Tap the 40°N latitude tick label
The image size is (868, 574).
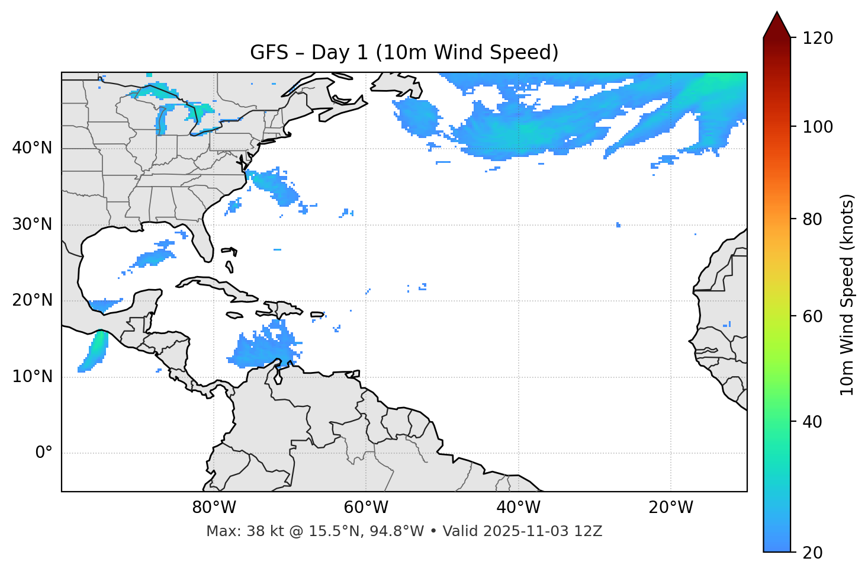point(32,148)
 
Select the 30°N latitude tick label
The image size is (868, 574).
point(32,225)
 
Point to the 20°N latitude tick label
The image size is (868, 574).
point(32,300)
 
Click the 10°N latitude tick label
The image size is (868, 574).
point(32,377)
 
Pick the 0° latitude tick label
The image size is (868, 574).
point(44,453)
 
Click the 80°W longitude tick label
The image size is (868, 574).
point(214,508)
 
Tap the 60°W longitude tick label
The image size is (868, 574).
point(366,508)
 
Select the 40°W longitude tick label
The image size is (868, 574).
point(518,508)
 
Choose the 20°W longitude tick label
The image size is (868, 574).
point(670,508)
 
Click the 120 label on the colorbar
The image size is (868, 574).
point(818,39)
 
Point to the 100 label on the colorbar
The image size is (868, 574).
point(818,127)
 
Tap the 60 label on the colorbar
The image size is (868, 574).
point(813,316)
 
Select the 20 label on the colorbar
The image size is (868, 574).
point(813,553)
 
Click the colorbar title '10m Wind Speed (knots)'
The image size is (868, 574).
point(847,295)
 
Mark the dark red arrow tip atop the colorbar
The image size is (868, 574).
point(777,24)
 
